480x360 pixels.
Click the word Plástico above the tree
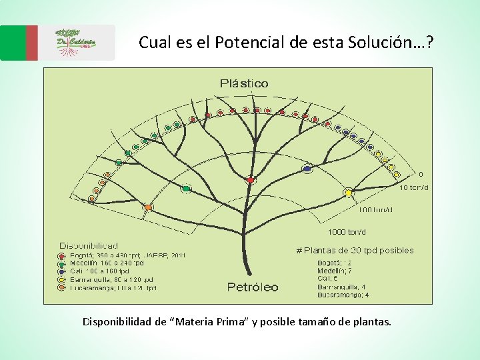point(244,83)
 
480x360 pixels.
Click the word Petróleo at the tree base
point(253,287)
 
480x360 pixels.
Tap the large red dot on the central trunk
point(251,180)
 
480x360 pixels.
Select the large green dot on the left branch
point(186,189)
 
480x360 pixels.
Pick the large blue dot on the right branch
point(307,169)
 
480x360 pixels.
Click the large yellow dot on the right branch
point(348,193)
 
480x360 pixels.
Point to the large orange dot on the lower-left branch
point(149,208)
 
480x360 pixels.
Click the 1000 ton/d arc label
point(346,233)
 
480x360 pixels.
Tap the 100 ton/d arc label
point(376,210)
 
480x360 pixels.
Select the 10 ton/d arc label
point(414,187)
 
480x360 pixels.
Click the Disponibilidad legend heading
point(89,246)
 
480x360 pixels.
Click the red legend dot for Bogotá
point(62,255)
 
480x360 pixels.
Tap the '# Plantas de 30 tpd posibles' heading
point(355,251)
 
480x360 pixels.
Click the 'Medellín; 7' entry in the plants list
point(334,271)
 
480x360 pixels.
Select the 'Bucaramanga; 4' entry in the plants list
point(343,295)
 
